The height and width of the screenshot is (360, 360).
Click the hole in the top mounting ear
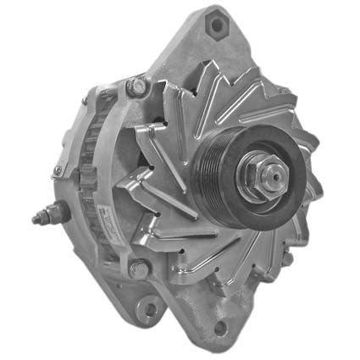pos(216,25)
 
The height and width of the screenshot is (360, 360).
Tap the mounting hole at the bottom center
pos(221,326)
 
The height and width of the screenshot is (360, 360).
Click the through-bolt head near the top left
pos(135,86)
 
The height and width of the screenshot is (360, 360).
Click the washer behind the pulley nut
pos(252,192)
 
